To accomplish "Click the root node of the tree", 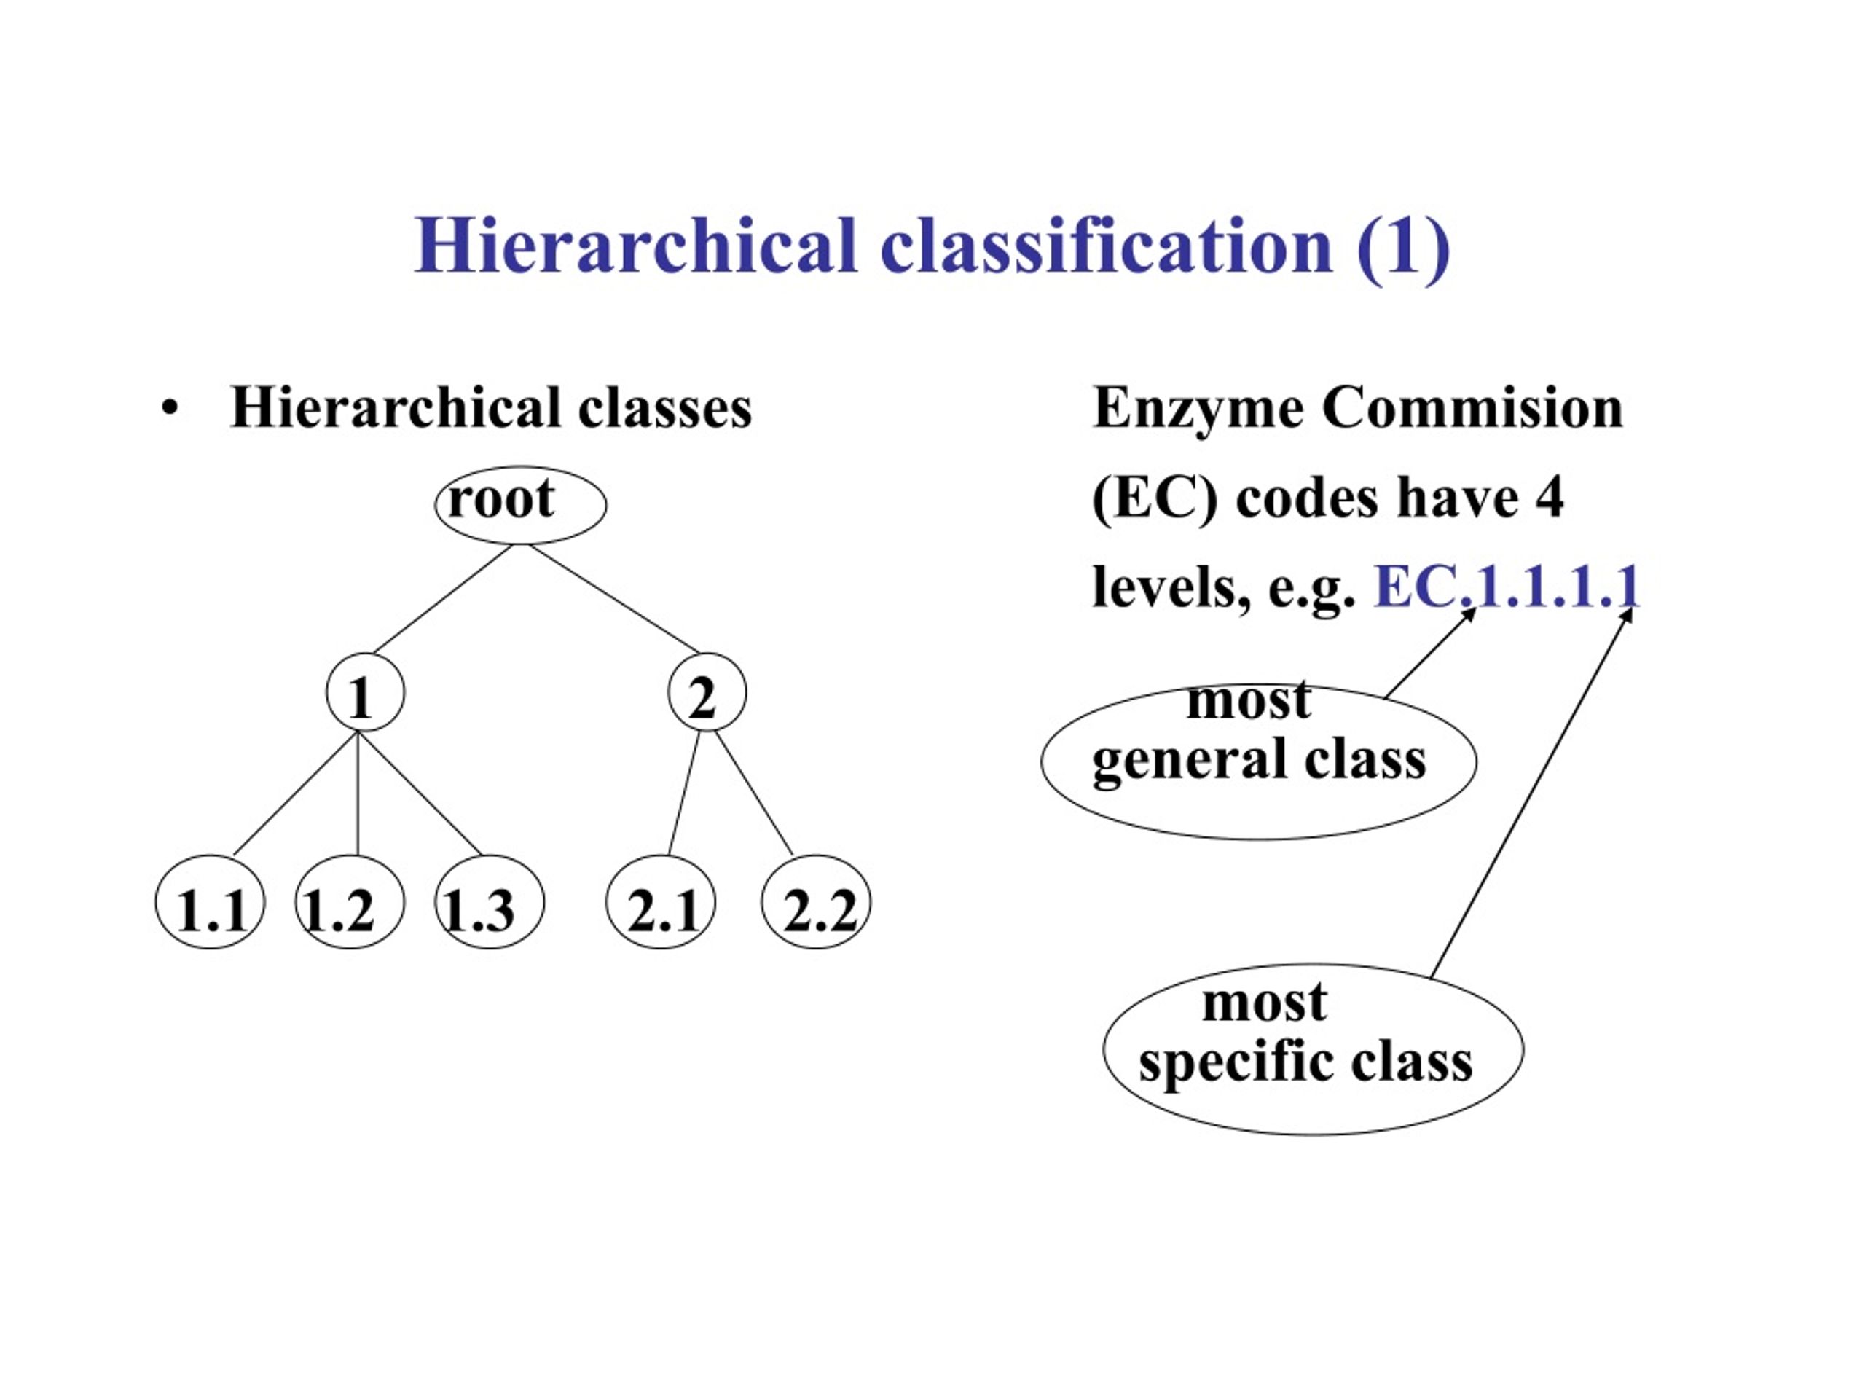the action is coord(520,504).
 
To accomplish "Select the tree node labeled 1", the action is coord(365,692).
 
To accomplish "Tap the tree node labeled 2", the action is coord(707,692).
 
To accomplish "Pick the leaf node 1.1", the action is coord(210,901).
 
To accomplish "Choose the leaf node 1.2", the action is coord(349,901).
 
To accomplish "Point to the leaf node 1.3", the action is coord(489,901).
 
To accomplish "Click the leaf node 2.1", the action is coord(660,901).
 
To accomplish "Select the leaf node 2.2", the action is coord(816,901).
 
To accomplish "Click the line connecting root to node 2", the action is coord(615,599).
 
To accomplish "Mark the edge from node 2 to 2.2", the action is coord(754,793).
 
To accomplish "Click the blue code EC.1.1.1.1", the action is coord(1507,586).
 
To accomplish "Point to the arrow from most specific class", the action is coord(1532,793).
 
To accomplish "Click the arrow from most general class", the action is coord(1430,653).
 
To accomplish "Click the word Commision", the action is coord(1472,407).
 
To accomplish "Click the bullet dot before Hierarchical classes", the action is coord(170,409).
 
